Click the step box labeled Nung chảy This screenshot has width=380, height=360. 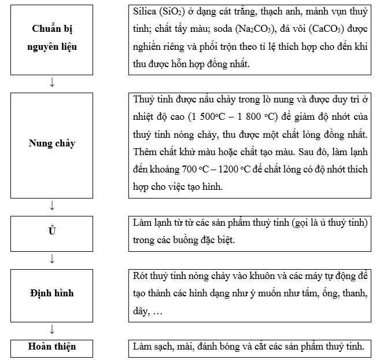click(52, 143)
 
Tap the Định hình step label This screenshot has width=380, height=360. click(52, 293)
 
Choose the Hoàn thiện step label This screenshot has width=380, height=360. click(52, 347)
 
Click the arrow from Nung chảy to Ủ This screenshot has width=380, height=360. click(52, 205)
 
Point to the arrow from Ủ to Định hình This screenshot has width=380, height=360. click(52, 258)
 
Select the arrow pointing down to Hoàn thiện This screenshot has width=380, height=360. click(52, 329)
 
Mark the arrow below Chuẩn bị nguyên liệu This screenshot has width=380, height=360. click(52, 82)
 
